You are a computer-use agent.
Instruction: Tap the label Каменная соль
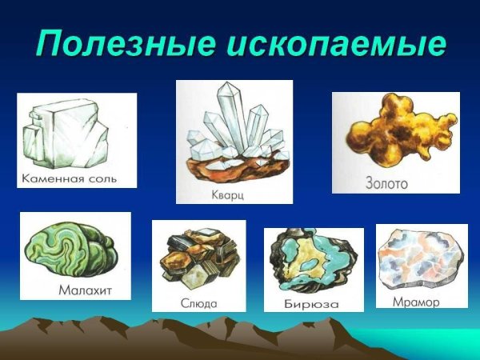coord(69,178)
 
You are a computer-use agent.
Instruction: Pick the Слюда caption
coord(199,303)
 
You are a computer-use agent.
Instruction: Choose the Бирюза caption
coord(311,304)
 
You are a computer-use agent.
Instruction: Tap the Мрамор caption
coord(416,302)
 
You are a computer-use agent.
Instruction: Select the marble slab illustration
coord(419,260)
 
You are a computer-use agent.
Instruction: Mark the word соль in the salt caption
coord(100,178)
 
